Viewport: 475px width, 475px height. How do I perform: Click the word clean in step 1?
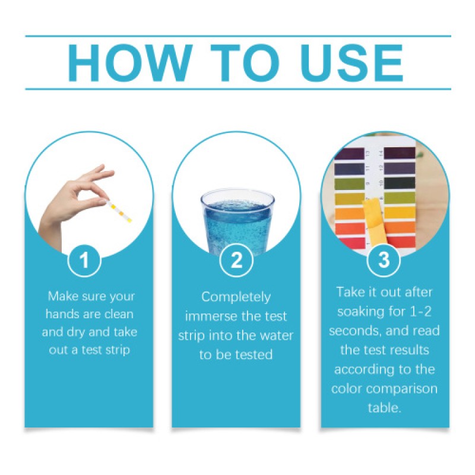click(x=119, y=314)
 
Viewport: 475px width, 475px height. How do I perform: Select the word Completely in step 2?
click(x=236, y=297)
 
